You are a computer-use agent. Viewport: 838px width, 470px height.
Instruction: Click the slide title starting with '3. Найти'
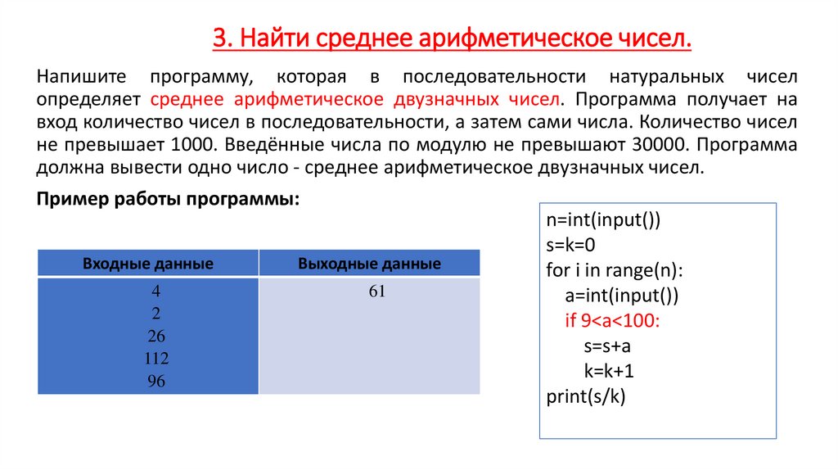452,38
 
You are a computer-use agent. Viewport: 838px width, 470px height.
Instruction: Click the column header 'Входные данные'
148,264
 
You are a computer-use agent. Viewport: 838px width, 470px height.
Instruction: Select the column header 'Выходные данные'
370,264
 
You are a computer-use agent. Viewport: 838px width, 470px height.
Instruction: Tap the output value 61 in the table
376,292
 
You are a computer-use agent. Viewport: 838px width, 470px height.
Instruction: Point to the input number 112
155,359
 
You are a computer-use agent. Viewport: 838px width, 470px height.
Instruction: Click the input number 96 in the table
155,381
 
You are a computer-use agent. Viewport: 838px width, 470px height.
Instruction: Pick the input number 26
155,336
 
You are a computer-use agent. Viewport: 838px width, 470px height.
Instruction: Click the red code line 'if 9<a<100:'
612,320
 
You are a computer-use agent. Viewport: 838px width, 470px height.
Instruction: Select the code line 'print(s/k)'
584,397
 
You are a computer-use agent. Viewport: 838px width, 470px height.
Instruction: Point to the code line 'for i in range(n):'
615,270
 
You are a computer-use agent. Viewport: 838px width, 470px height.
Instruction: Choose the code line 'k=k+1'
610,371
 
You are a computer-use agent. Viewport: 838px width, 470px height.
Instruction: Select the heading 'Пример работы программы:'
169,200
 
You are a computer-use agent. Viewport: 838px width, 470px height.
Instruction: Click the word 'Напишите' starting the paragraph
81,78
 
